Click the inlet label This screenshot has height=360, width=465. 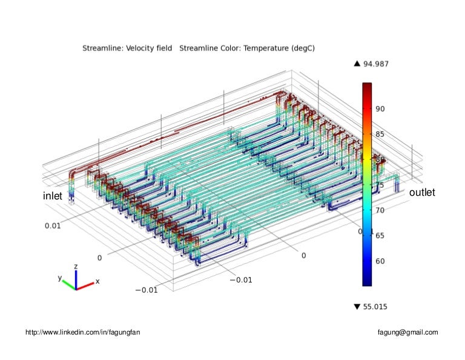pos(53,196)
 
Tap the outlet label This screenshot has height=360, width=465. pos(422,193)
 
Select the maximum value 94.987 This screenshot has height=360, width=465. pos(376,64)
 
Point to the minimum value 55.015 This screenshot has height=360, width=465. pos(375,307)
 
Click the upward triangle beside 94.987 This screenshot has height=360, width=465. pos(357,64)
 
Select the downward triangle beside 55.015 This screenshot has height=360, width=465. pos(357,307)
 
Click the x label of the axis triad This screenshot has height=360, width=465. pos(97,281)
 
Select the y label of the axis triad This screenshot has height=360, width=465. pos(60,278)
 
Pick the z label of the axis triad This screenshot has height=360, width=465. pos(76,266)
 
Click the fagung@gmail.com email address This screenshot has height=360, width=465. pos(407,332)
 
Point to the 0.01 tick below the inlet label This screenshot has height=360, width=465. pos(53,225)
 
